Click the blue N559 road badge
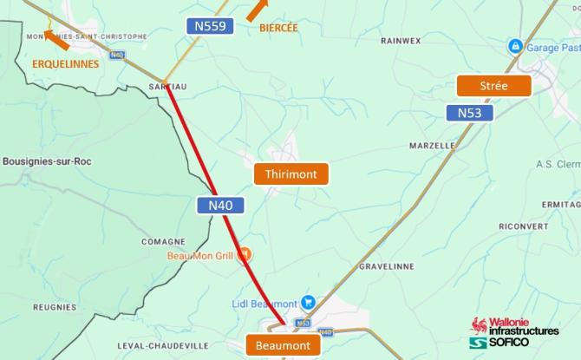point(211,27)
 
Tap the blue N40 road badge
point(220,206)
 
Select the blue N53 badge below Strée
point(469,113)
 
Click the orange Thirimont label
point(291,174)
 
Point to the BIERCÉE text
point(278,28)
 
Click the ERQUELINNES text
point(66,63)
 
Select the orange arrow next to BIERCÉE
point(256,10)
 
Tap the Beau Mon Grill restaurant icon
point(245,255)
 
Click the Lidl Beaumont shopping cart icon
point(308,304)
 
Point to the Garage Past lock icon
point(515,46)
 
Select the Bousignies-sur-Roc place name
point(47,161)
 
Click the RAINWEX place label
point(400,40)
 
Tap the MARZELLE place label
point(432,146)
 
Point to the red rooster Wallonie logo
point(476,329)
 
